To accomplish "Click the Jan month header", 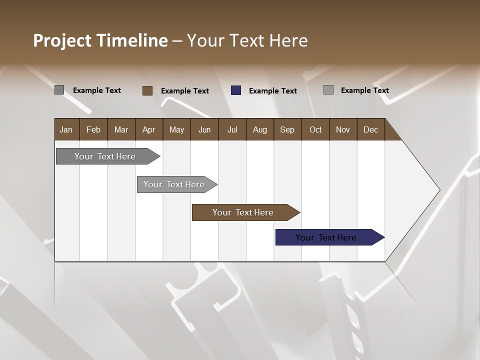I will tap(66, 129).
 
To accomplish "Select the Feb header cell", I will tap(93, 129).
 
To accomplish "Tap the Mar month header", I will tap(121, 129).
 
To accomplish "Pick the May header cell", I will tap(176, 129).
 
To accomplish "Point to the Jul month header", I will tap(232, 129).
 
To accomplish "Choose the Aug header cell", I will tap(259, 129).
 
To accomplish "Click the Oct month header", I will tap(315, 129).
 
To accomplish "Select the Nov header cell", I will tap(343, 129).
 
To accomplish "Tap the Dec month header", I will tap(370, 129).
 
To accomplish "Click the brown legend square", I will tap(147, 90).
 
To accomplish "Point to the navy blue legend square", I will tap(236, 90).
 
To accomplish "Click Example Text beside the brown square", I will tap(184, 91).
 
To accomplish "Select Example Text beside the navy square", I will tap(272, 91).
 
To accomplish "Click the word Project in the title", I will tap(62, 40).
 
